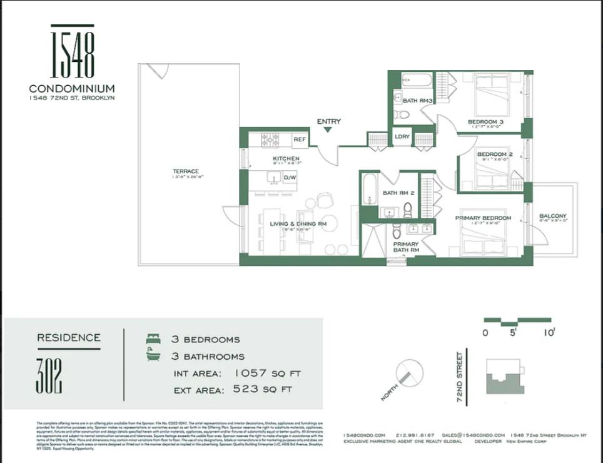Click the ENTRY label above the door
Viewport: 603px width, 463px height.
point(328,121)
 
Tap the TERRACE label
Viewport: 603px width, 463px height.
point(186,171)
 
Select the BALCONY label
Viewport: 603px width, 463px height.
point(553,216)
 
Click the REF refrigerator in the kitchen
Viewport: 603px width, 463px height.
point(299,140)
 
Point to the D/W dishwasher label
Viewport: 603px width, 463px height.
point(290,178)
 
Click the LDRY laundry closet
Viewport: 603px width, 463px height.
point(402,136)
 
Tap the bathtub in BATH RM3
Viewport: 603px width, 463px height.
point(416,81)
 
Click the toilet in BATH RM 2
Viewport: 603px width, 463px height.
point(408,208)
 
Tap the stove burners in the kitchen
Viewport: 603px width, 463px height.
point(270,139)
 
